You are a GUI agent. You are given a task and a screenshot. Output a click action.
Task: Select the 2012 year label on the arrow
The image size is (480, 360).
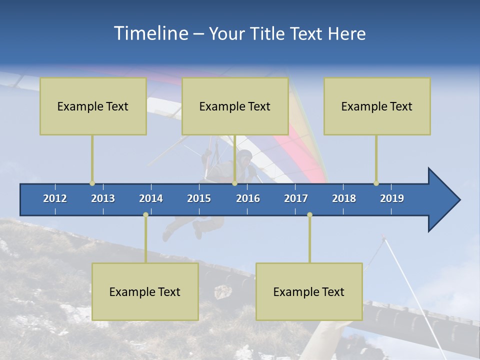point(55,198)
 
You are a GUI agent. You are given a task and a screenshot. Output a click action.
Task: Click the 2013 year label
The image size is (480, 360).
point(103,198)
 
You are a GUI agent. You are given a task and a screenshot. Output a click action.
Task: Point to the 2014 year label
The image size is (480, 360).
point(151,198)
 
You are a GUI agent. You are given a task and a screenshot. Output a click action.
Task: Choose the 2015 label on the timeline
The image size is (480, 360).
point(199,198)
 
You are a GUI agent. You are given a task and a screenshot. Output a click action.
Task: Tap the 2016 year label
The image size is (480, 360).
point(248,198)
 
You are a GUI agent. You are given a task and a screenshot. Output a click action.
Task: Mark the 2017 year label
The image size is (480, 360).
point(296,198)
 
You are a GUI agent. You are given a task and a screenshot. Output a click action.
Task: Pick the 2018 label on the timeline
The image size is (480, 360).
point(344,198)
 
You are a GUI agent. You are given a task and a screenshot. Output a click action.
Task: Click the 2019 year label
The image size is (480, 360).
point(392,198)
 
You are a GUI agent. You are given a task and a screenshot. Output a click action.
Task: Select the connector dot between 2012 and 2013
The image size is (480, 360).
point(92,183)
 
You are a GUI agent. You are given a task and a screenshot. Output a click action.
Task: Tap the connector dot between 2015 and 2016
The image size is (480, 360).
point(234,183)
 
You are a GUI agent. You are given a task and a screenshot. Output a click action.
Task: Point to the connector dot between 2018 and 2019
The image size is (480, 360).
point(376,183)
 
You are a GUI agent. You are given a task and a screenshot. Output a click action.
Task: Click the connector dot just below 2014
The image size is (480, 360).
point(145,215)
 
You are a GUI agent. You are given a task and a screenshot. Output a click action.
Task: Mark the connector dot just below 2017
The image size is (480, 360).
point(309,215)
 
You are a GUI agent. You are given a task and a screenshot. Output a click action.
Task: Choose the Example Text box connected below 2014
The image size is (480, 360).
point(145,291)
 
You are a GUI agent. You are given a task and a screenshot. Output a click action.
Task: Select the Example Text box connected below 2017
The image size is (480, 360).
point(309,291)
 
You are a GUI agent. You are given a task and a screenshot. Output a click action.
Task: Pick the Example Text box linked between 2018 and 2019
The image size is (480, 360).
point(377,106)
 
